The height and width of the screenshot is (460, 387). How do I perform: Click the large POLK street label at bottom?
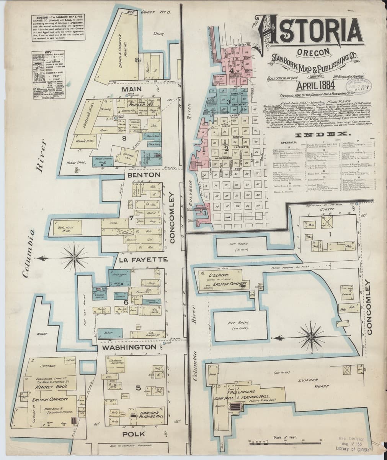click(134, 434)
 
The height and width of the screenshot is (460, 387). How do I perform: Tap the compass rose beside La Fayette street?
click(74, 258)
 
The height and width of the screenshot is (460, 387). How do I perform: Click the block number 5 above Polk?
click(139, 388)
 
